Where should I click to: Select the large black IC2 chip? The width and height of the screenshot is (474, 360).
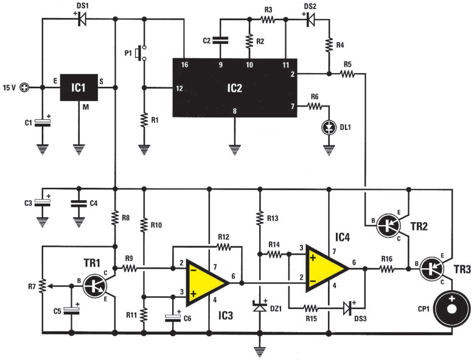(x=234, y=88)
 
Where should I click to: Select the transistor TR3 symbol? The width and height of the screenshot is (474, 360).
(x=436, y=268)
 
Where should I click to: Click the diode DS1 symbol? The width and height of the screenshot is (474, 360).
(x=82, y=19)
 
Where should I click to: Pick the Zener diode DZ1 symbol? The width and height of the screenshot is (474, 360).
(x=260, y=308)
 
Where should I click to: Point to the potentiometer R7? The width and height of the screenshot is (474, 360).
(x=42, y=284)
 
